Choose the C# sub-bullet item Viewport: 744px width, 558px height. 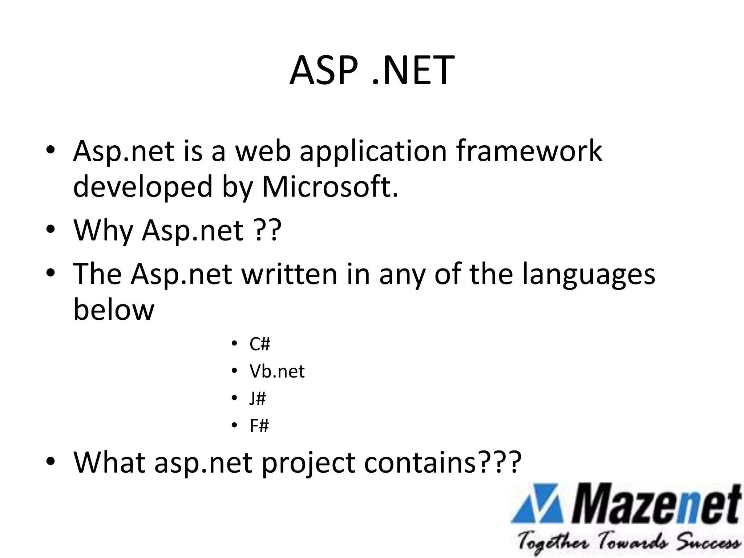260,344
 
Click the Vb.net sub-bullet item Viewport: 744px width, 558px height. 277,371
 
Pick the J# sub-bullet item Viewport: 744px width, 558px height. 258,399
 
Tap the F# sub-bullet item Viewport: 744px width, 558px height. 259,426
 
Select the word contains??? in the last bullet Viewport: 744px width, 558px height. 442,462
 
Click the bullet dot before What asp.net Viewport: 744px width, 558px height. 50,461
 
